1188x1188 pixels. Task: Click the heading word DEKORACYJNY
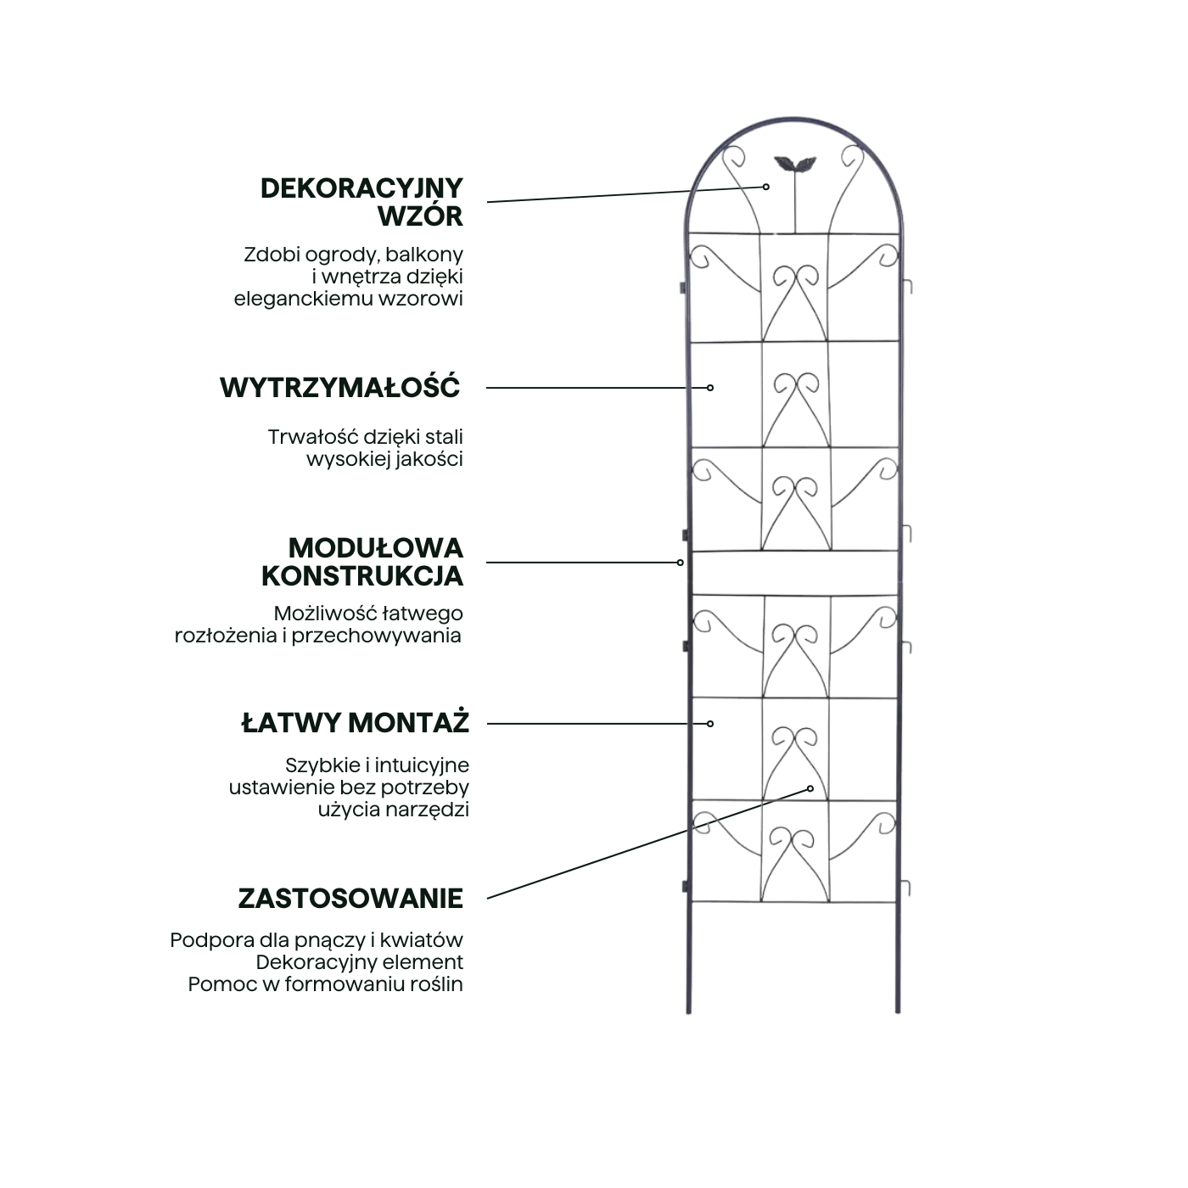pyautogui.click(x=361, y=188)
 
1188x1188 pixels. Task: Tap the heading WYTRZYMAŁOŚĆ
pyautogui.click(x=340, y=387)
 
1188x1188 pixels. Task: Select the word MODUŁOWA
pyautogui.click(x=375, y=548)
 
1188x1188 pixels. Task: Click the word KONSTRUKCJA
pyautogui.click(x=361, y=576)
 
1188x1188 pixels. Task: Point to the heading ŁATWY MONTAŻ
pyautogui.click(x=355, y=722)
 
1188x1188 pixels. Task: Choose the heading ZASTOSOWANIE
pyautogui.click(x=350, y=899)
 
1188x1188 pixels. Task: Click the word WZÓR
pyautogui.click(x=420, y=215)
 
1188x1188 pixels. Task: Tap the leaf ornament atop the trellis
pyautogui.click(x=794, y=164)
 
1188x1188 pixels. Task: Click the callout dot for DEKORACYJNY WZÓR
pyautogui.click(x=765, y=187)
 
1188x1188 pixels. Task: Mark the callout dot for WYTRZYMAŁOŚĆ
pyautogui.click(x=710, y=388)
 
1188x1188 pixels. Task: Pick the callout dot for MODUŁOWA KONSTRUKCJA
pyautogui.click(x=680, y=563)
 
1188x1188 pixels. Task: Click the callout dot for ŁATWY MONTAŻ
pyautogui.click(x=710, y=724)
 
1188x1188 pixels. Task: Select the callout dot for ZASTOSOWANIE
pyautogui.click(x=810, y=788)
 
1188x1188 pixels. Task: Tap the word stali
pyautogui.click(x=445, y=436)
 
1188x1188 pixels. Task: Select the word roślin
pyautogui.click(x=440, y=984)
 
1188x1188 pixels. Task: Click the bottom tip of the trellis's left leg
pyautogui.click(x=689, y=1013)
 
